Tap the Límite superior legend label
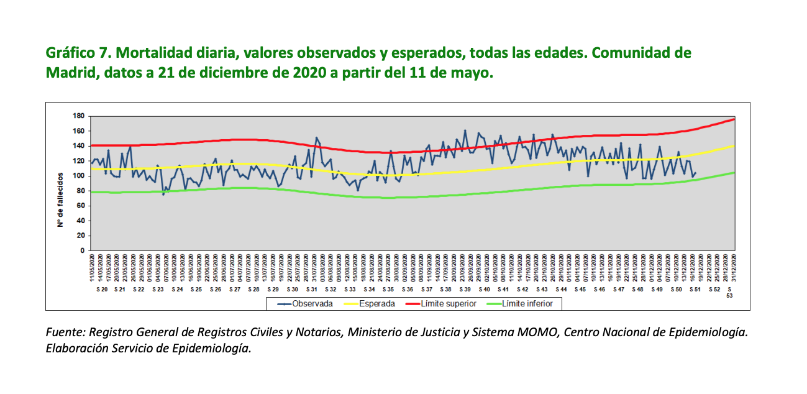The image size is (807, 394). pos(449,304)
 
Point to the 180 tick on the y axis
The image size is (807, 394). pos(78,116)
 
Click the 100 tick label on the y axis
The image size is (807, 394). pos(78,176)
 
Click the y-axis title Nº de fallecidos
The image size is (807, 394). pos(61,199)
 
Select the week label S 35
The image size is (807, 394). pos(388,290)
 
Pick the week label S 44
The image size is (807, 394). pos(561,290)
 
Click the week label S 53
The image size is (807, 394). pos(729,293)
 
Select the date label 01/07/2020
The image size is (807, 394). pos(232,268)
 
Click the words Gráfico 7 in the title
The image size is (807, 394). pos(78,53)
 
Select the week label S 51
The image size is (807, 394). pos(695,290)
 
